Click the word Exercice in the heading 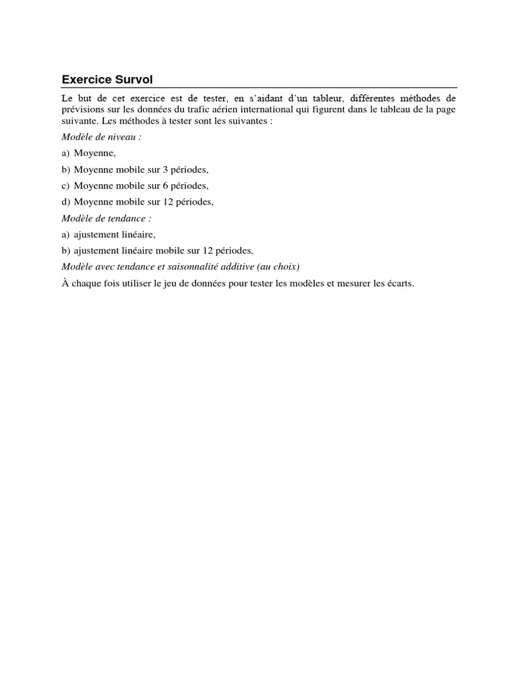click(x=87, y=80)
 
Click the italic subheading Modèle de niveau click(x=102, y=137)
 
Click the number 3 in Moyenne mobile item click(x=165, y=169)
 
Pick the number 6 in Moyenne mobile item click(x=165, y=186)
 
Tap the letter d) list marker click(x=66, y=202)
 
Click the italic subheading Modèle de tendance click(x=107, y=218)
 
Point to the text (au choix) click(x=278, y=267)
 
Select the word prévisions click(x=84, y=109)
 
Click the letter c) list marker click(x=65, y=186)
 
